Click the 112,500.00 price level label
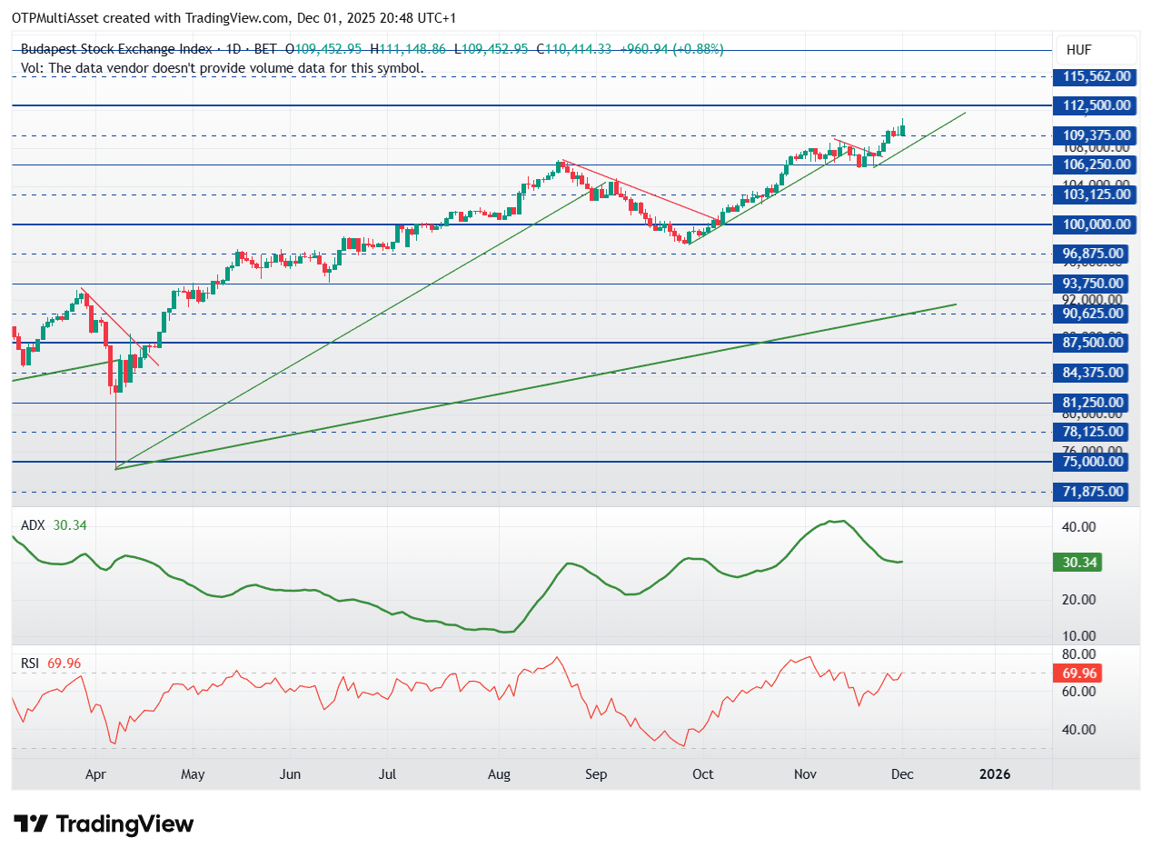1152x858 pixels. [x=1091, y=105]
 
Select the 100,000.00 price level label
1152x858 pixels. [x=1091, y=224]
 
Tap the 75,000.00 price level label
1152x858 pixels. [x=1091, y=462]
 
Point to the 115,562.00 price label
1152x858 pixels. [x=1091, y=76]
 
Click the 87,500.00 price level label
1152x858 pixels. [x=1091, y=343]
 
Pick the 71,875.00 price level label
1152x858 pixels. [x=1091, y=492]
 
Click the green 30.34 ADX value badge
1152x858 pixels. [x=1080, y=563]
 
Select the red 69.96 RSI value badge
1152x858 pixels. [x=1080, y=673]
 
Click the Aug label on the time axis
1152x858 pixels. [x=499, y=774]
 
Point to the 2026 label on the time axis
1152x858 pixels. [x=994, y=774]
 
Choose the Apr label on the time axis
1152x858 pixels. [x=96, y=774]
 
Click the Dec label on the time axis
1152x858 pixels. [x=901, y=774]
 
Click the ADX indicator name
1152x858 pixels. [x=32, y=524]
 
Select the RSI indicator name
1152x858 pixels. [x=31, y=663]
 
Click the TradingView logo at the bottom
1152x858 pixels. [x=104, y=824]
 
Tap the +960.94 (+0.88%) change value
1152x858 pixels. [x=671, y=49]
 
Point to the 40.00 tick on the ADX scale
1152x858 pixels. [x=1080, y=527]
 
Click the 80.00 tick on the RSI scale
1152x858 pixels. [x=1080, y=654]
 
